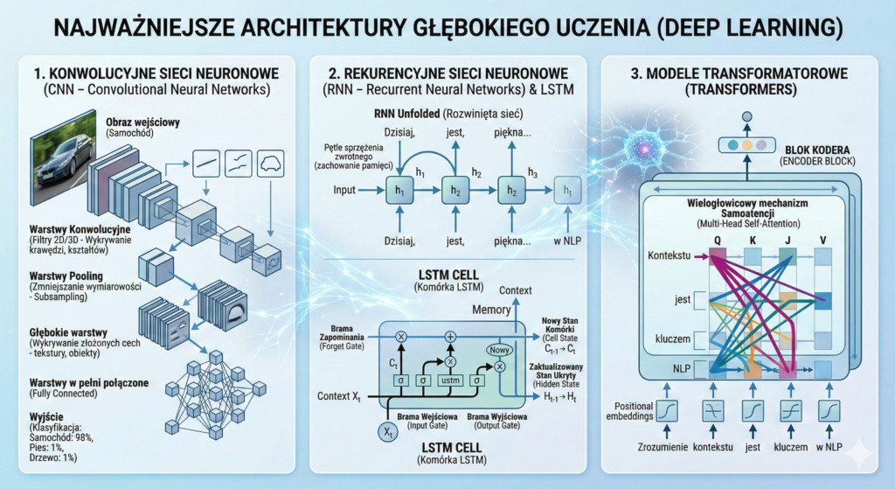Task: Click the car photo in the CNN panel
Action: (60, 153)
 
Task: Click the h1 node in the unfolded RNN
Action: (400, 190)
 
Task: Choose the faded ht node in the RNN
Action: (568, 190)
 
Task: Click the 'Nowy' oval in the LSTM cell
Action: (500, 350)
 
